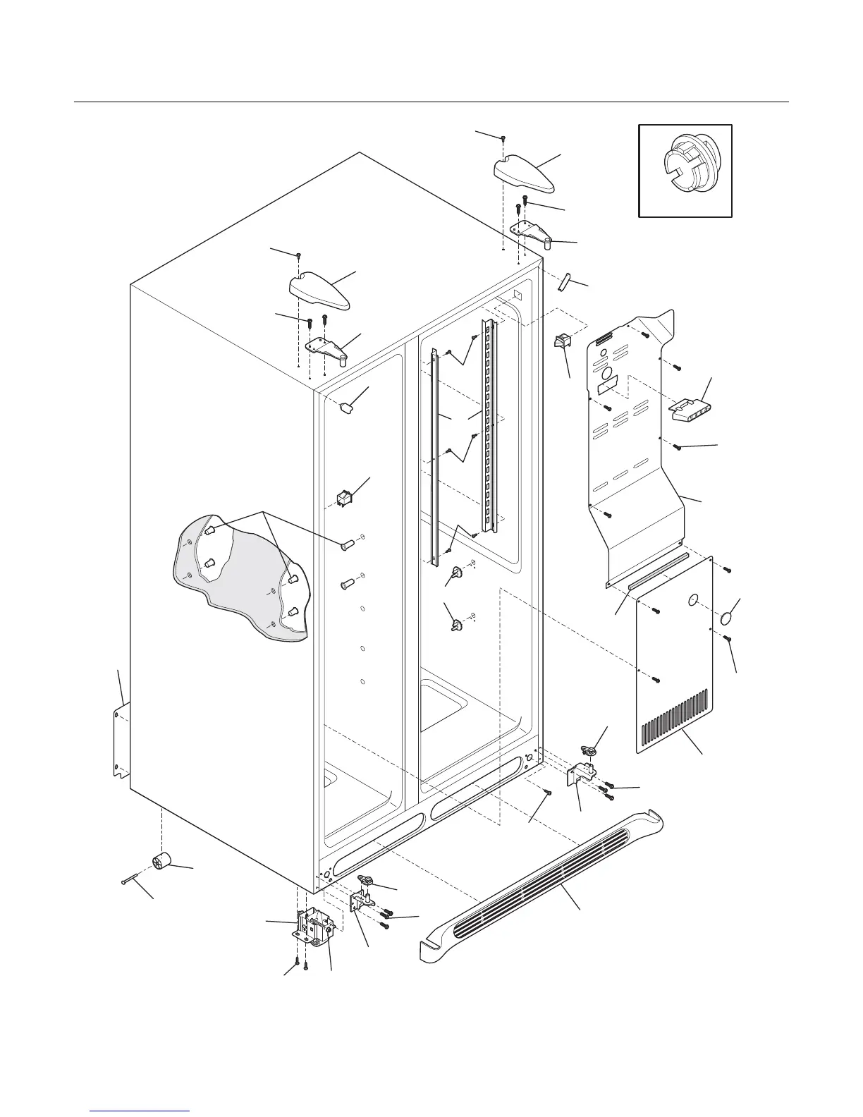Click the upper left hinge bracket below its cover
[326, 348]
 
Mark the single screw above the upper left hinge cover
[300, 255]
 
